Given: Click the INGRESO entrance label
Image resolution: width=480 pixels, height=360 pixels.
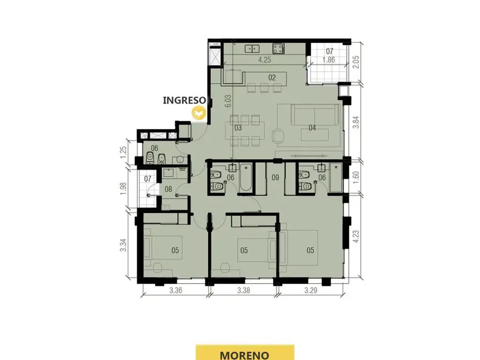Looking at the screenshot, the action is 184,100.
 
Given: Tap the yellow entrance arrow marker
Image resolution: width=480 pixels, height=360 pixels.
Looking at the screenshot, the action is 198,113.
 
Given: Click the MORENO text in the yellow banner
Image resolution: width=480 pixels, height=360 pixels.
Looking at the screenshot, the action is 245,355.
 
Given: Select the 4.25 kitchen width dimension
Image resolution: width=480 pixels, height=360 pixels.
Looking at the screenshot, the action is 264,60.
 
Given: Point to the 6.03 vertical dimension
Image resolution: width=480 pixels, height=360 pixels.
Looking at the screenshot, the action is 228,101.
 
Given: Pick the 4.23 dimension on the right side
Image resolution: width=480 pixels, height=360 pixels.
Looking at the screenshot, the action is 356,237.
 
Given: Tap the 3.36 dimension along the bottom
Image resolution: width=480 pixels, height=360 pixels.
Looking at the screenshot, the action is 176,290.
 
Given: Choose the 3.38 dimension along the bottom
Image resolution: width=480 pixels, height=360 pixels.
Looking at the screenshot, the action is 244,290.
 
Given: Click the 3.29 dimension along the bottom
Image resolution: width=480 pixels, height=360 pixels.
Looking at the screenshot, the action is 311,290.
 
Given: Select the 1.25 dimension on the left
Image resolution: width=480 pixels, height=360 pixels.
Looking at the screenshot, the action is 123,152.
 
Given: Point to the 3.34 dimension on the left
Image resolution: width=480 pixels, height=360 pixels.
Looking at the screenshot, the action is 123,245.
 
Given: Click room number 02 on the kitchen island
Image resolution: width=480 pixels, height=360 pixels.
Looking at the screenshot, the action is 272,77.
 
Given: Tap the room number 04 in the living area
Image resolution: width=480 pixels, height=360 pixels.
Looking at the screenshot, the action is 312,127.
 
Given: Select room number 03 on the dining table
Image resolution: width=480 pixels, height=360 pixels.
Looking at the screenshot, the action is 238,127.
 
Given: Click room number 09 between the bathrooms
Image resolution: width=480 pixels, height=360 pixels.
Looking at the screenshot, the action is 275,177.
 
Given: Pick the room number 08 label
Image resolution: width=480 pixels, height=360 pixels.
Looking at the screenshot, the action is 168,189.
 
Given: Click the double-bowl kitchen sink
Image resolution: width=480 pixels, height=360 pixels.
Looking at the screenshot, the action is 252,48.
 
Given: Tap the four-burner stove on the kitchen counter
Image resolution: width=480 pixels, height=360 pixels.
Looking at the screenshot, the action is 279,48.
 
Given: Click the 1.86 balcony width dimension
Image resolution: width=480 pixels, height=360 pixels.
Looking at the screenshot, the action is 329,60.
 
